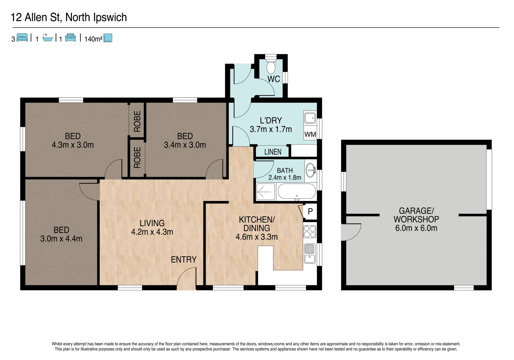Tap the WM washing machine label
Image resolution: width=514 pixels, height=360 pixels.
click(310, 134)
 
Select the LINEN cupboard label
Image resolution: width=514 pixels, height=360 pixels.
click(273, 152)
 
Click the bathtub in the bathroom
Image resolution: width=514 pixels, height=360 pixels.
click(297, 192)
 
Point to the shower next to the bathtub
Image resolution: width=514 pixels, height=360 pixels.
click(266, 192)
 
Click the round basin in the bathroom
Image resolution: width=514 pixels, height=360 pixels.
click(310, 170)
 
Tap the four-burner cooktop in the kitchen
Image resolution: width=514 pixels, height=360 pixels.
click(310, 232)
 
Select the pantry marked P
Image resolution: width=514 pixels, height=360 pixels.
click(310, 211)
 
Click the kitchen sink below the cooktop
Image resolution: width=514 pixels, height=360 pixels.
click(310, 253)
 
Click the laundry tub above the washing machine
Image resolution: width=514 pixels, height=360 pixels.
click(310, 118)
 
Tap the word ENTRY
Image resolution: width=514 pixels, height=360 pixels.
click(184, 260)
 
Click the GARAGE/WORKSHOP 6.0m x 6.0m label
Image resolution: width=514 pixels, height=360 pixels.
click(416, 220)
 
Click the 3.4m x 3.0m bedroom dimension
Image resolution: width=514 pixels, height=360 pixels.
click(185, 145)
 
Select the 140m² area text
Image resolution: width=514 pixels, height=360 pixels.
click(93, 39)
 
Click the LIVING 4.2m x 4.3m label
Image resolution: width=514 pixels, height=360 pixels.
click(152, 228)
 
